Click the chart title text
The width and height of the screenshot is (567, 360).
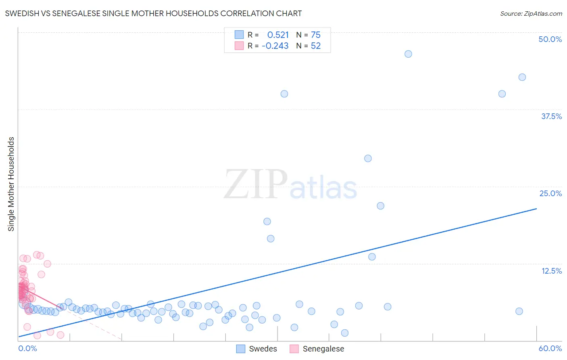pos(153,13)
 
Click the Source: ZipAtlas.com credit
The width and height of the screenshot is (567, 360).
pos(531,13)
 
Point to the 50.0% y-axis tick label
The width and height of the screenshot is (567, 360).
pos(550,39)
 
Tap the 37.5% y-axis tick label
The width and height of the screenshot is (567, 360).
pos(551,116)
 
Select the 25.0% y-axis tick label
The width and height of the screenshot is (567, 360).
pos(550,193)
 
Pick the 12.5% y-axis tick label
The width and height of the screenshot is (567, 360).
pos(551,271)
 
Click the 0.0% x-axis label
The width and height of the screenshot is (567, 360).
pos(27,348)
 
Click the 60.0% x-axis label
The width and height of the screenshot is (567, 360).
pos(550,348)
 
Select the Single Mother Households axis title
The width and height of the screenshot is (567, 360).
pos(11,184)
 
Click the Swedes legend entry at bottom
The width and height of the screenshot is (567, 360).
pos(256,349)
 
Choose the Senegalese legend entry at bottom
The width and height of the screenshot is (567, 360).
pos(317,349)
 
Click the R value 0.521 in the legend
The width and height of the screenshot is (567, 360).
pos(278,35)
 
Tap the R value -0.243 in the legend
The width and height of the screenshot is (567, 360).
pos(275,46)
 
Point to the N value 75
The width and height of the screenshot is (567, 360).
pos(315,35)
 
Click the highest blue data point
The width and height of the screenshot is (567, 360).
pos(408,54)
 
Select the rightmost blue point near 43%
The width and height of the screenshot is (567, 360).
pos(522,77)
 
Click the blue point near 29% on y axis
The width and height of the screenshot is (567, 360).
pos(368,158)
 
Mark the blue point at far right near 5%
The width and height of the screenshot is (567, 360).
pos(519,311)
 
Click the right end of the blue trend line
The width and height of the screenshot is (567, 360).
pos(536,209)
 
